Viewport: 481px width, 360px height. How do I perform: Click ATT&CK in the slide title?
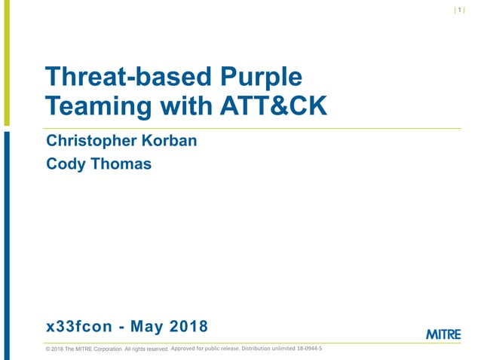(x=272, y=106)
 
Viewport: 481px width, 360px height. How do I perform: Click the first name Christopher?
(x=91, y=141)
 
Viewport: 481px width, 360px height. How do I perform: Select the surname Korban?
(x=167, y=141)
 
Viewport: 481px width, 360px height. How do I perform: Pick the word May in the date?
(x=144, y=326)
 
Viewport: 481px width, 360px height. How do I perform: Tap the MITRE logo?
(x=443, y=334)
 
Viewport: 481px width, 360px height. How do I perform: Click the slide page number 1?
(x=460, y=11)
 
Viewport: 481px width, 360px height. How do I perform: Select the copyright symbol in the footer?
(x=48, y=349)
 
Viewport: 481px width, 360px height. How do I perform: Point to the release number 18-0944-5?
(x=306, y=348)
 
